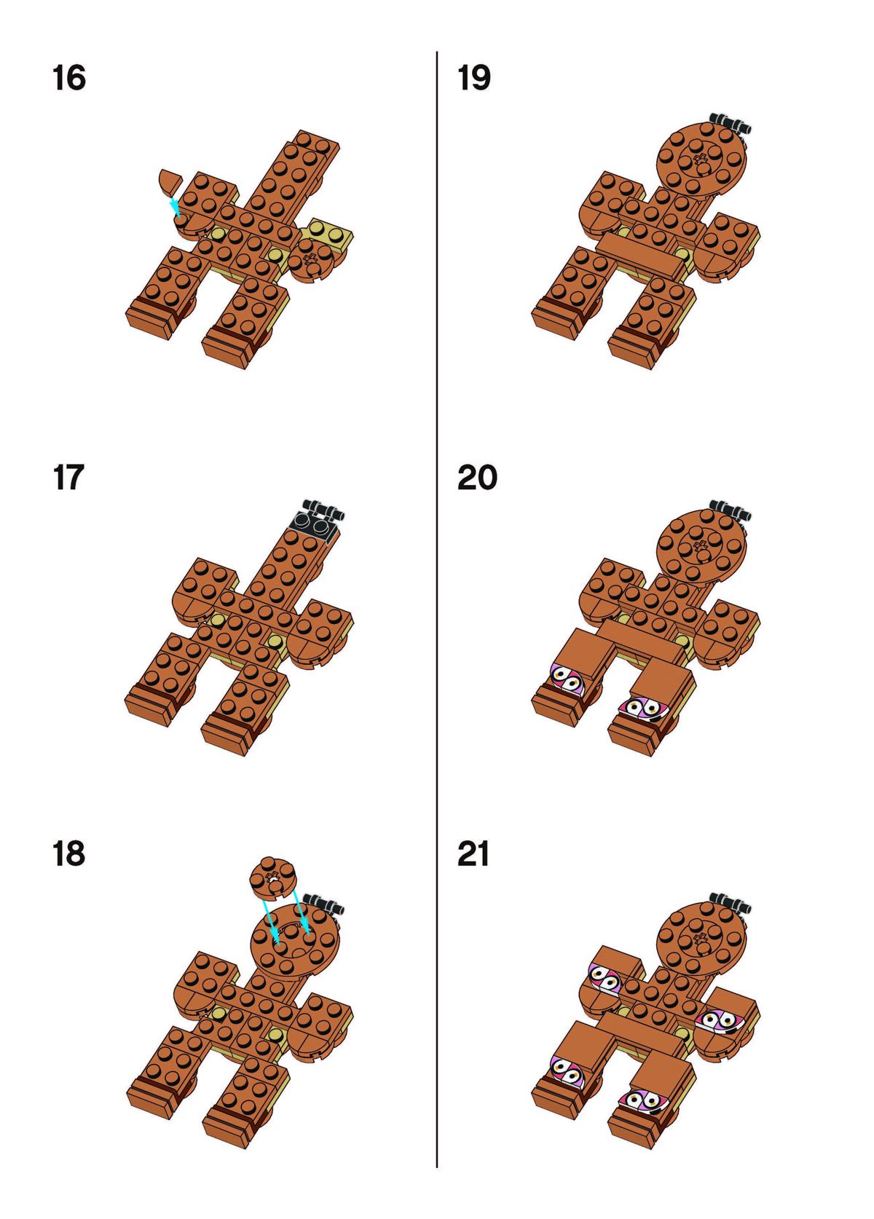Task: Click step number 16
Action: pos(69,77)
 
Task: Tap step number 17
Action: pos(68,477)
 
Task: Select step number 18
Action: pos(68,853)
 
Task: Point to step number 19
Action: pos(474,77)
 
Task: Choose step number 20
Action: pos(477,477)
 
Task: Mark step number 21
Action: pos(473,853)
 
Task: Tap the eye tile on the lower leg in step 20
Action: pos(644,708)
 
